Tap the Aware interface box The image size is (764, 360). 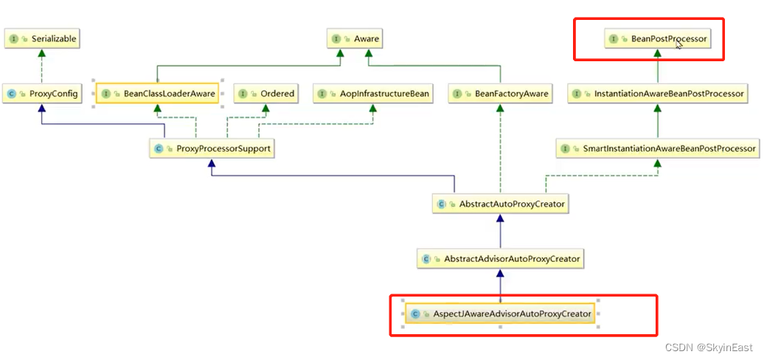tap(357, 38)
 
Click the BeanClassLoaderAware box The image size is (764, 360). tap(157, 94)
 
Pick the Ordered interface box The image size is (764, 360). tap(267, 94)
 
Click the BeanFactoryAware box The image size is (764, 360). tap(501, 94)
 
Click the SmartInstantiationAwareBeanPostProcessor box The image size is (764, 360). tap(659, 148)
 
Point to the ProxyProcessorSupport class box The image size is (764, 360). tap(212, 148)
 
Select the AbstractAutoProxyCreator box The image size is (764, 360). tap(501, 204)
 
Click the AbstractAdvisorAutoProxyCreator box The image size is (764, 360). tap(501, 259)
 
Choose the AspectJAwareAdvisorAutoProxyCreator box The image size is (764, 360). tap(501, 314)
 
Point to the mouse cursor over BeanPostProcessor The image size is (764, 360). tap(678, 43)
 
